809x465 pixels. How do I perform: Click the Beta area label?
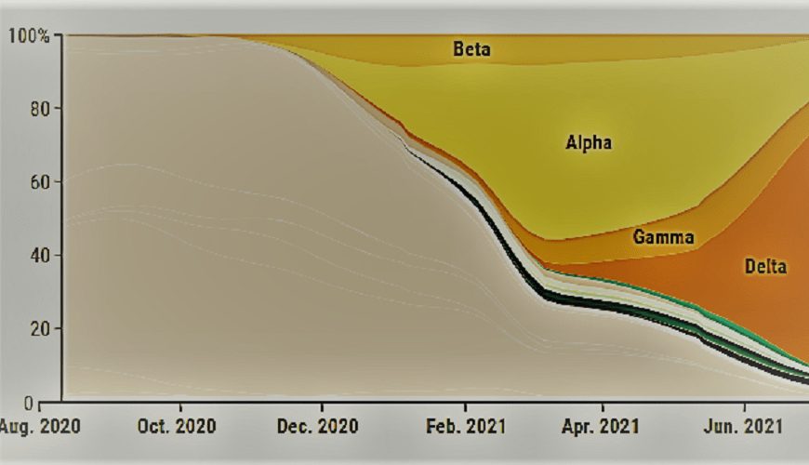(471, 49)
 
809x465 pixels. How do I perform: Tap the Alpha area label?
(589, 142)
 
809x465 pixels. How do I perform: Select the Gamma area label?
(663, 237)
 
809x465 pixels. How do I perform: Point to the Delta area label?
(765, 266)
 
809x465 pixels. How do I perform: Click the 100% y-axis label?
(29, 36)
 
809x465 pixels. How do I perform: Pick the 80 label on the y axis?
(39, 110)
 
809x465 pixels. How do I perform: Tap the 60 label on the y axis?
(39, 182)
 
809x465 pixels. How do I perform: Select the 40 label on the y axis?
(39, 256)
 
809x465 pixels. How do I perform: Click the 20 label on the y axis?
(39, 329)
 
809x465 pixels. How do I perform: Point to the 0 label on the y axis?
(29, 403)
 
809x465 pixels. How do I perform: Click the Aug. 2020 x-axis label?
(40, 426)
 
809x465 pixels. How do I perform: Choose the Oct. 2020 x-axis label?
(177, 426)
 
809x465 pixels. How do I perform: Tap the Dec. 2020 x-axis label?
(317, 426)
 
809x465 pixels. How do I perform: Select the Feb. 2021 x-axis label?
(465, 426)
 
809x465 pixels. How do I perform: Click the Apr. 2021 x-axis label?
(600, 426)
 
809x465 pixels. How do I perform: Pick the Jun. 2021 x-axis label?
(743, 426)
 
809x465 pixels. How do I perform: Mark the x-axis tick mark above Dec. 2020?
(323, 406)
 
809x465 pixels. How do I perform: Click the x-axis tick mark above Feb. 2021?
(465, 406)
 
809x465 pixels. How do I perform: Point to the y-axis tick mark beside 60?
(57, 181)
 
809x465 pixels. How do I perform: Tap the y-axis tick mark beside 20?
(57, 328)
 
